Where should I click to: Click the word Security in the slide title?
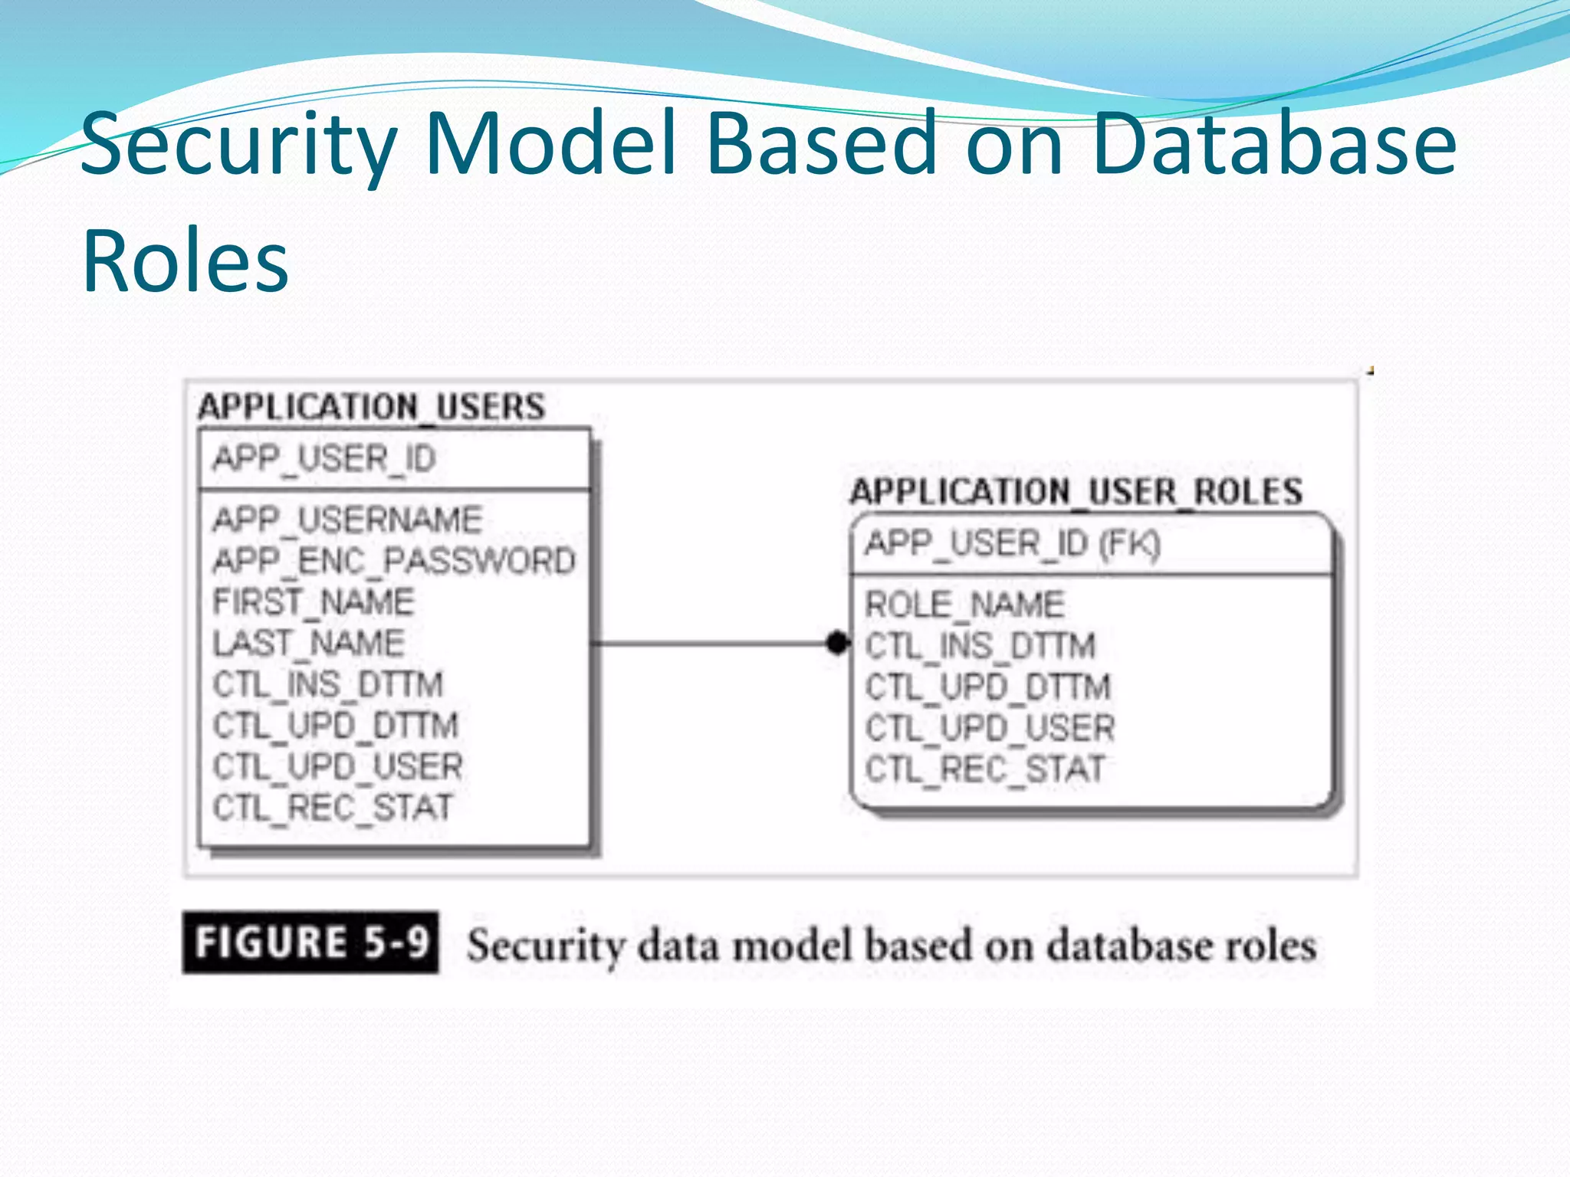click(238, 146)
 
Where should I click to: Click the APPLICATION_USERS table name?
click(372, 407)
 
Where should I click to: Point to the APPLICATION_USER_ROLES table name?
click(1076, 491)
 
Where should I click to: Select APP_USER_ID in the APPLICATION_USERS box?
click(324, 459)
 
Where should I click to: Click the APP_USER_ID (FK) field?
click(1013, 544)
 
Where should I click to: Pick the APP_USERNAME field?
click(347, 520)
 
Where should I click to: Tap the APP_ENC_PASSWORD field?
click(394, 561)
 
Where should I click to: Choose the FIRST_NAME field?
click(314, 602)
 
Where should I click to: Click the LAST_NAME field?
click(308, 643)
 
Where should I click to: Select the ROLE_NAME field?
click(965, 605)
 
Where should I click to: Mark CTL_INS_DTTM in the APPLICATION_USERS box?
click(328, 684)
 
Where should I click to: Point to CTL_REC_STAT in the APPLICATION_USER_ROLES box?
click(985, 769)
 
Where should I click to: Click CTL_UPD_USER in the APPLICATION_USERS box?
click(338, 766)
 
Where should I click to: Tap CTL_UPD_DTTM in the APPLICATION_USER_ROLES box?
click(988, 687)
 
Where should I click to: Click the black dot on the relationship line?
click(838, 642)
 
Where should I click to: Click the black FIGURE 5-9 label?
click(310, 943)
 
